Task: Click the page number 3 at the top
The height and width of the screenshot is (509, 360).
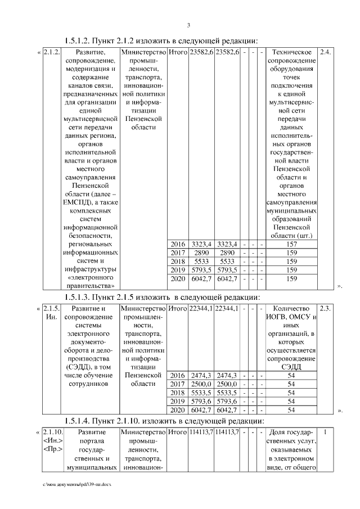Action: click(x=188, y=25)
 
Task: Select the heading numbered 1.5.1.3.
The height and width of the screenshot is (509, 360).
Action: click(x=162, y=296)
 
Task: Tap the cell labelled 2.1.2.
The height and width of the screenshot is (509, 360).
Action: click(x=51, y=52)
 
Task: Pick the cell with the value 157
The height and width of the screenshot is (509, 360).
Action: click(x=291, y=244)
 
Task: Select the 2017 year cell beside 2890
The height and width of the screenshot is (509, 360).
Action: click(x=177, y=253)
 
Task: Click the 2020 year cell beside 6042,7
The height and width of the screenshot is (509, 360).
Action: click(x=177, y=280)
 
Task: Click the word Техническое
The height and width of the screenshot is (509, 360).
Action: click(x=291, y=52)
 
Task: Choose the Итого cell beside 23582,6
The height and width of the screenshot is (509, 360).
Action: click(x=177, y=52)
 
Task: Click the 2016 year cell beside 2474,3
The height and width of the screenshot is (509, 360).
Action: click(x=177, y=375)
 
